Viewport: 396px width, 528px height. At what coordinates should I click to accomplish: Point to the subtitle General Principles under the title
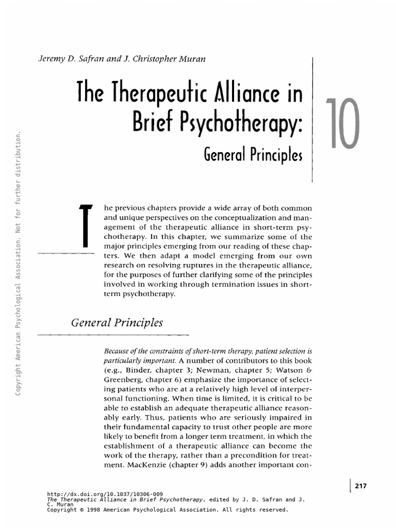253,155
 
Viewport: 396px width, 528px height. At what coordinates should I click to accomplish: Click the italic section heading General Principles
117,323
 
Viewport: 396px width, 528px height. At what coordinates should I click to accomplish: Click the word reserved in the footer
272,510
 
